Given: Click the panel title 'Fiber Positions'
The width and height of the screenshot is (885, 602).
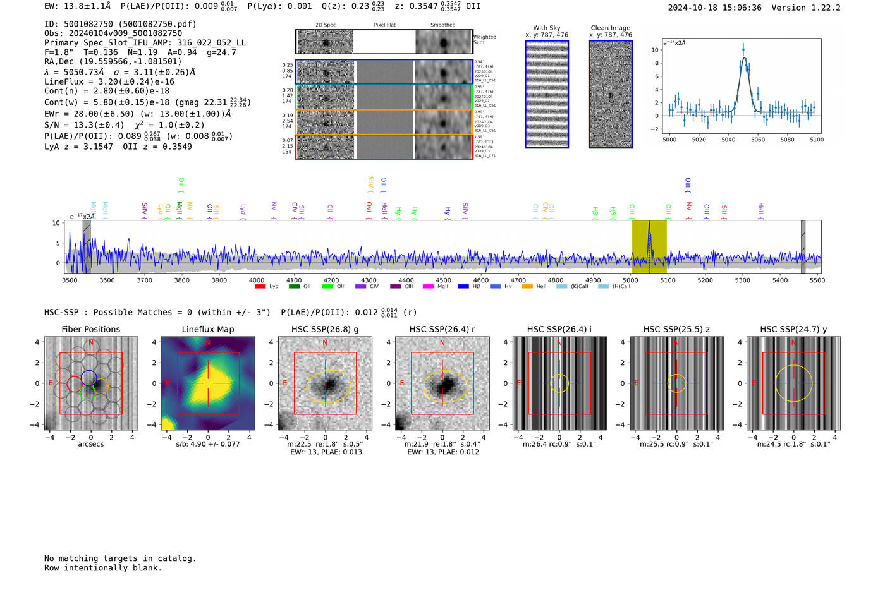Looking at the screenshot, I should pyautogui.click(x=90, y=329).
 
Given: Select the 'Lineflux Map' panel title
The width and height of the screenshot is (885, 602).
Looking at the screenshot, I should pyautogui.click(x=207, y=329).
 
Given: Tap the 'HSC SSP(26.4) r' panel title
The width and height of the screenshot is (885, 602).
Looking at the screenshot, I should pyautogui.click(x=442, y=329).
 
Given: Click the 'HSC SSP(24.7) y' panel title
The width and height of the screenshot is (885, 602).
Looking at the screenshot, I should pyautogui.click(x=793, y=329).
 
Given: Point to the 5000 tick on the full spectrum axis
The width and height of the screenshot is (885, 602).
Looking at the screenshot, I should pyautogui.click(x=630, y=280).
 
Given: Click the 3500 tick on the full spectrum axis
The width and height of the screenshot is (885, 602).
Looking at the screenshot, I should pyautogui.click(x=70, y=280).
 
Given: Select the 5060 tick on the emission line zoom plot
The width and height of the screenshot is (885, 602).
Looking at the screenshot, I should pyautogui.click(x=757, y=140).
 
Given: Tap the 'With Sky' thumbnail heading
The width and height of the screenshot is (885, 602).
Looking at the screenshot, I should pyautogui.click(x=546, y=28).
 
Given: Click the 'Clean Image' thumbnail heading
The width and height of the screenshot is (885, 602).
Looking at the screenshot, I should pyautogui.click(x=610, y=28).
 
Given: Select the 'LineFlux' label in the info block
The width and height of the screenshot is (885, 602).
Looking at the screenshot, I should pyautogui.click(x=64, y=81).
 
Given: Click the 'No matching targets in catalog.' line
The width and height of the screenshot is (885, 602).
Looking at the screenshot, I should pyautogui.click(x=120, y=558).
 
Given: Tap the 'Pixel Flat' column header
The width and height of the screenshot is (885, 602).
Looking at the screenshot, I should pyautogui.click(x=384, y=25).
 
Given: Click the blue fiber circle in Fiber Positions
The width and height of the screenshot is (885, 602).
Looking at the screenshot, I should pyautogui.click(x=88, y=378).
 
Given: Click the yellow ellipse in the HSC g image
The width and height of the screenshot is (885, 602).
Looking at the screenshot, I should pyautogui.click(x=306, y=387).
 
